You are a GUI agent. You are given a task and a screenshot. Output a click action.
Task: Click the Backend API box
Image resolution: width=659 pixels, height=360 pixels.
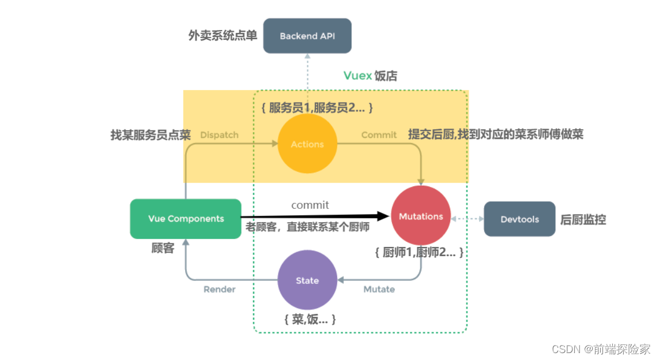point(307,36)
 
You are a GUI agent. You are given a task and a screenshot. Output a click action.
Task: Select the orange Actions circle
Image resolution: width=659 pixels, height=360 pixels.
point(307,144)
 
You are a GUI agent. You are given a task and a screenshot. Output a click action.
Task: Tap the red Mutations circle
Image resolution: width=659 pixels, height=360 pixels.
point(421,216)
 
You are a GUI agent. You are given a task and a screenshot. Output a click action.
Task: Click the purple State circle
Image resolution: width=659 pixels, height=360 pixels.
point(307,280)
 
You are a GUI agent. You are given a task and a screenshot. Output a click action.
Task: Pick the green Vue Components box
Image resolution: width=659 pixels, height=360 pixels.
point(186,219)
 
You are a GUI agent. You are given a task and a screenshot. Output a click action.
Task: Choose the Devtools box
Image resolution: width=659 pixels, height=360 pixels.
point(519,219)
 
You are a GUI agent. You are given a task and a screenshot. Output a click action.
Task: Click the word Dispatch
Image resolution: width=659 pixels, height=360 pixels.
point(219,135)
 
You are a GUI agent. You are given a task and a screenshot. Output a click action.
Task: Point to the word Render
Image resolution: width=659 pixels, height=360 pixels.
point(220,289)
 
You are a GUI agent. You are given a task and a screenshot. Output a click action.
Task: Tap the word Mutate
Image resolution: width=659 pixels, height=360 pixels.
point(379,289)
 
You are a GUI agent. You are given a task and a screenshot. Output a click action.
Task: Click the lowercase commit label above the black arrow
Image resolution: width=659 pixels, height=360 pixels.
point(310,205)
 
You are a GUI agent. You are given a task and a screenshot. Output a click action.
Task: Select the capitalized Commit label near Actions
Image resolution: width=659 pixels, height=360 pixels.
point(379,135)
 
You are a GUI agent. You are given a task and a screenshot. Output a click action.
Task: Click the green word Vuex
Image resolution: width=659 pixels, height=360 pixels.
point(357,76)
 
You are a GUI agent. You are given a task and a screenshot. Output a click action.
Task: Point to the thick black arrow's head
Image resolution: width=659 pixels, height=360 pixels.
point(383,216)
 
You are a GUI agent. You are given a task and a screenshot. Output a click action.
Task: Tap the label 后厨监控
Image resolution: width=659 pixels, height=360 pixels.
point(583,219)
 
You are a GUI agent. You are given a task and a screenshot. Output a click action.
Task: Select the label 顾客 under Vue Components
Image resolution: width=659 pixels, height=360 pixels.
point(163,249)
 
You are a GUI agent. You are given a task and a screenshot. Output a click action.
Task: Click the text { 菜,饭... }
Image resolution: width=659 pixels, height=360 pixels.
point(310,319)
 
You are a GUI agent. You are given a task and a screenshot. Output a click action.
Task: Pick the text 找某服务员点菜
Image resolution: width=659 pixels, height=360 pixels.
point(150,135)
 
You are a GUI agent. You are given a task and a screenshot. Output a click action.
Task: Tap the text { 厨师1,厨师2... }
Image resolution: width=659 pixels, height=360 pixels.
point(419,253)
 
